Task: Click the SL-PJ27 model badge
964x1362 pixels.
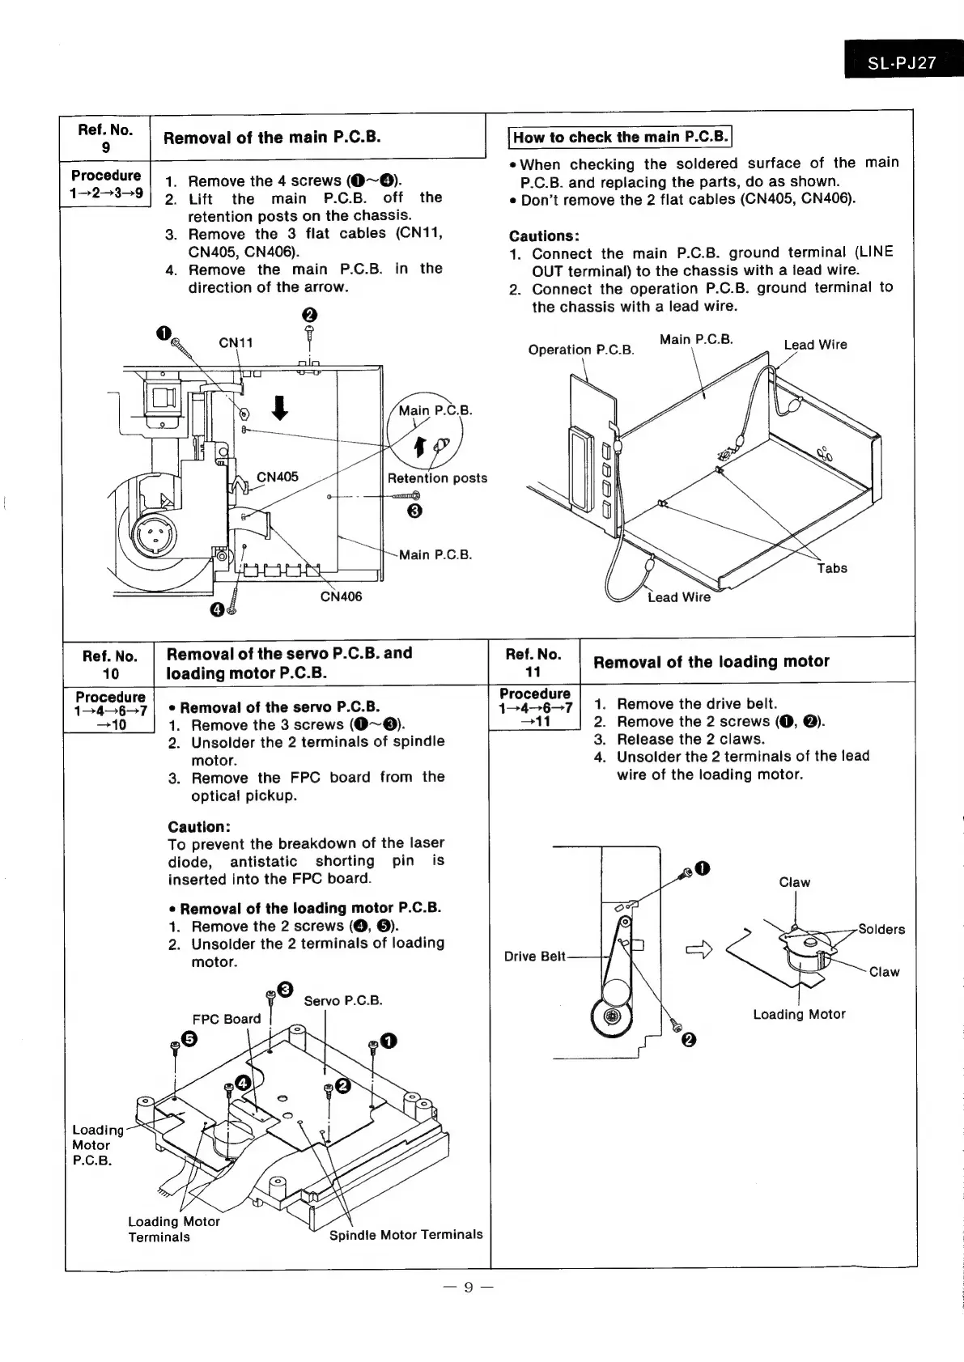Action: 901,63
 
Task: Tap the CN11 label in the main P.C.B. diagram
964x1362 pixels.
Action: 236,342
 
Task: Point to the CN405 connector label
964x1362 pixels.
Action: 278,477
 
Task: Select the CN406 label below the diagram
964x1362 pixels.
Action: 341,596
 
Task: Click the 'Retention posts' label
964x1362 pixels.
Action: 437,478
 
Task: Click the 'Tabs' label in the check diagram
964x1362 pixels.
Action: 831,568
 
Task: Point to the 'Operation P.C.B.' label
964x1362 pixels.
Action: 580,350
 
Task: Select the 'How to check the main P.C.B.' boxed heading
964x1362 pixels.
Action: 620,137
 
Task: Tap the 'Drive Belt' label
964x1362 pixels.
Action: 534,957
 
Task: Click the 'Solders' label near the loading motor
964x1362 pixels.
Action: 881,929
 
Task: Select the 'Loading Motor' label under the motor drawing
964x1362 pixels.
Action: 799,1014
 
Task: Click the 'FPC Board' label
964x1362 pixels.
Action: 227,1019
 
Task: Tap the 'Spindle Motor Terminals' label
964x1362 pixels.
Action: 406,1234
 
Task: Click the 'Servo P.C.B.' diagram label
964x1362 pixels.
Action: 342,1000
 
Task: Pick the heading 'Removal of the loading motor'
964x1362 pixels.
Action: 711,661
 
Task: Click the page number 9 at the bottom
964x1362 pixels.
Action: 467,1288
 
